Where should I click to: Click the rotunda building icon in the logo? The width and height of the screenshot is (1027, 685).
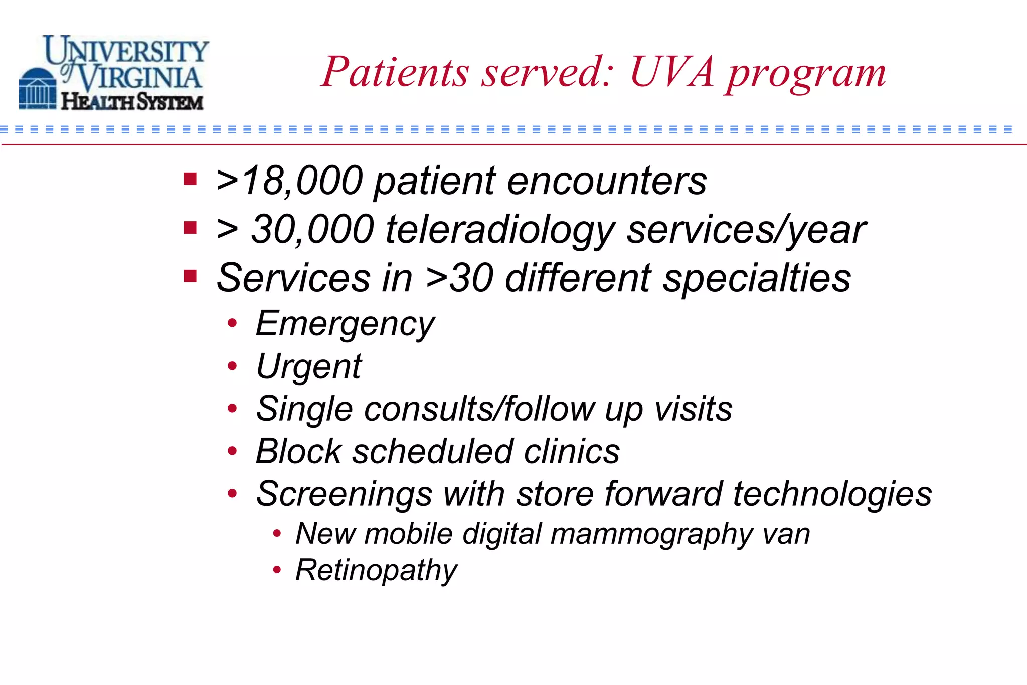coord(37,89)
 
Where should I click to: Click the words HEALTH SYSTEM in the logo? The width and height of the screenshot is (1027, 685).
coord(132,102)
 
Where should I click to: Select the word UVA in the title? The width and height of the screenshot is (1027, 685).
coord(672,72)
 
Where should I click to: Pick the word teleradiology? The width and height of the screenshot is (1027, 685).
coord(500,230)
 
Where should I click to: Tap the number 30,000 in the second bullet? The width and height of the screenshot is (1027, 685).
coord(312,230)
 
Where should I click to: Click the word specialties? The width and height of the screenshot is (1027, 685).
coord(757,278)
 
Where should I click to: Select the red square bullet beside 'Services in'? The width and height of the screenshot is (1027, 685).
coord(190,276)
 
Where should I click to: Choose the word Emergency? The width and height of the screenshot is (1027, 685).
coord(345,324)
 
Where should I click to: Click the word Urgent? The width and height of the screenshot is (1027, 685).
coord(308,367)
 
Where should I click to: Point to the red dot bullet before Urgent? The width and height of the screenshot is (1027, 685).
coord(232,366)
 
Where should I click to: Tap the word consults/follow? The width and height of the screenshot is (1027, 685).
coord(479,409)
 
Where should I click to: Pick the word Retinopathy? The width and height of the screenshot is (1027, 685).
coord(376,571)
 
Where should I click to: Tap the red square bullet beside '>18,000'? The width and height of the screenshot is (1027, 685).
coord(190,179)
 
